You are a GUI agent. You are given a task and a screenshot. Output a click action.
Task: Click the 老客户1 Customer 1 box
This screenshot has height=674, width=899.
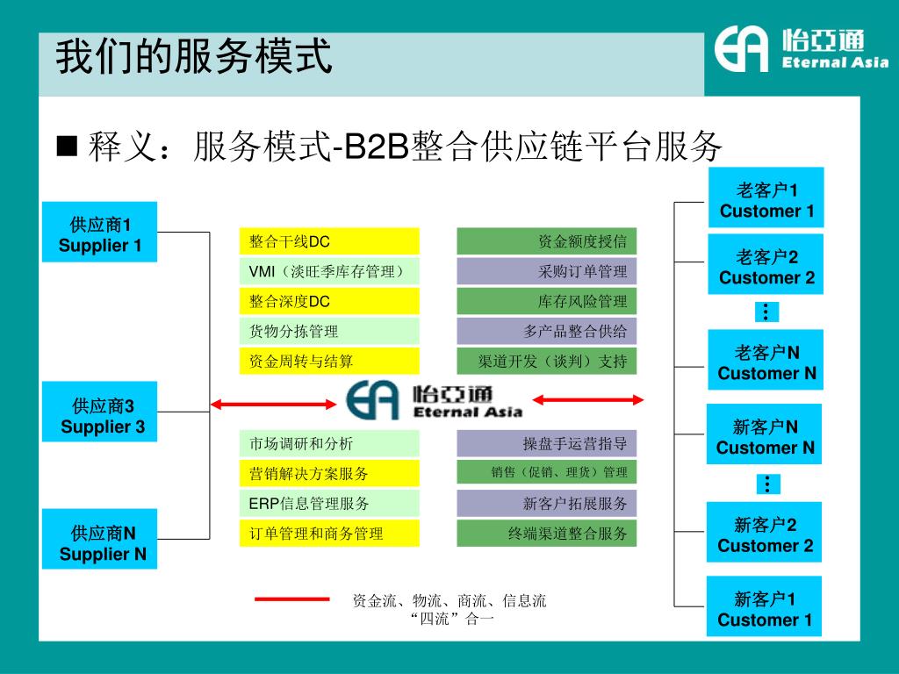coord(766,197)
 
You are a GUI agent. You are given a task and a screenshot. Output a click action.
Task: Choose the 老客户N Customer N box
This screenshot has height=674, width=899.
coord(766,360)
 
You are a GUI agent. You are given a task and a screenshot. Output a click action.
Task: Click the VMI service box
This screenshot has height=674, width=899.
coord(328,271)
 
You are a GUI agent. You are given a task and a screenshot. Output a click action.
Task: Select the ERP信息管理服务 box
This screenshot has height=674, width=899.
coord(328,504)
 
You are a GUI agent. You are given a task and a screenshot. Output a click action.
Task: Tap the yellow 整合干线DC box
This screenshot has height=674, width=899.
coord(328,241)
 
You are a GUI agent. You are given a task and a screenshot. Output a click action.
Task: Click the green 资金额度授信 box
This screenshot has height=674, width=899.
coord(547,241)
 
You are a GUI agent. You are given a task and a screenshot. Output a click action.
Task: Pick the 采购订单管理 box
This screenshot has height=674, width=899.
coord(547,271)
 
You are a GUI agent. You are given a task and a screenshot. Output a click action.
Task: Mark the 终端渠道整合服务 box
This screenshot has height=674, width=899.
coord(547,533)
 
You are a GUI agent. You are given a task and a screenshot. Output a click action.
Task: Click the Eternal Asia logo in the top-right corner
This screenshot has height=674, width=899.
coord(800,49)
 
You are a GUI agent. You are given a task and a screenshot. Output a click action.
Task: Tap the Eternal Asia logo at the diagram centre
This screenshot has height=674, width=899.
coord(434,401)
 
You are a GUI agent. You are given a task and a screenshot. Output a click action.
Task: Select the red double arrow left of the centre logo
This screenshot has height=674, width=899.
coord(275,403)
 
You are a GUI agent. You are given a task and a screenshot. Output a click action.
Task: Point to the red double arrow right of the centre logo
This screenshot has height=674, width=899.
coord(588,400)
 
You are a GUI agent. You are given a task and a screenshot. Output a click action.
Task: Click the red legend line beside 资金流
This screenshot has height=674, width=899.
coord(291,599)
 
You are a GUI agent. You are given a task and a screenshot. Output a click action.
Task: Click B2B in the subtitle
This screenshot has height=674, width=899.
coord(377,147)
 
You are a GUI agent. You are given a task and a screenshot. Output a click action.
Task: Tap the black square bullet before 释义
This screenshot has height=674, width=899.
coord(68,146)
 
